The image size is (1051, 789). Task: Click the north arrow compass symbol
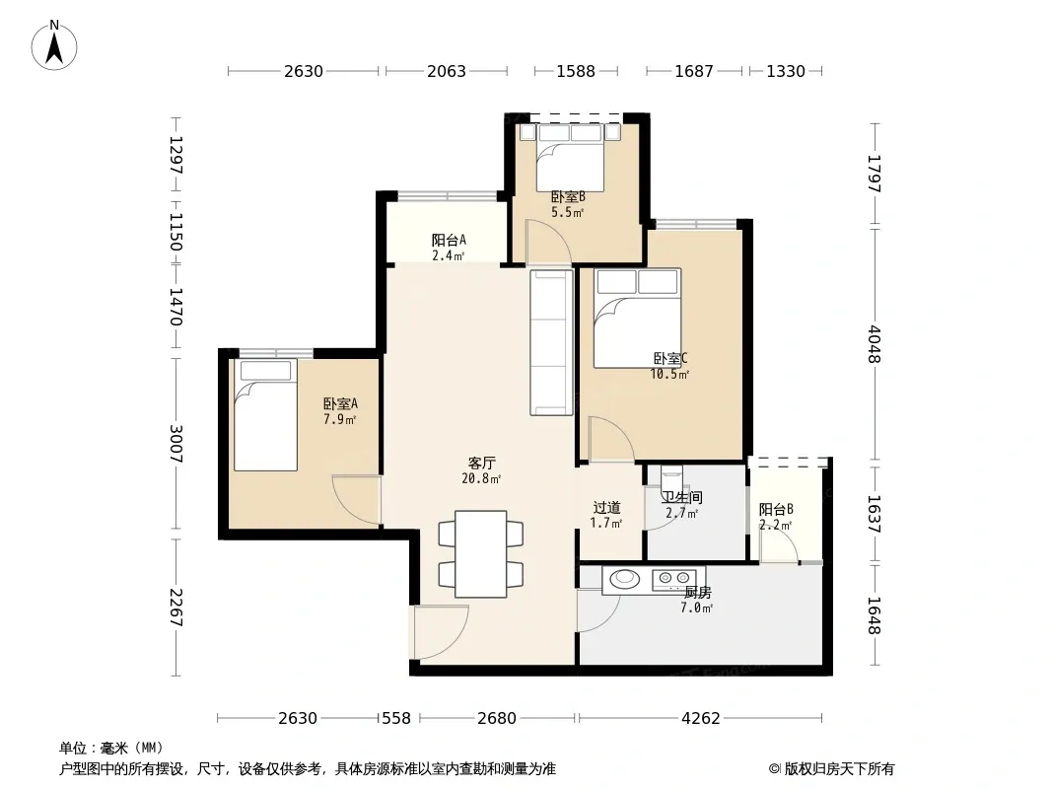(54, 45)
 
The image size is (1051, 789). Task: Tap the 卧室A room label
(340, 411)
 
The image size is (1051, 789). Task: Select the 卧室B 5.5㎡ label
(568, 204)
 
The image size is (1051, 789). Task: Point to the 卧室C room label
(669, 366)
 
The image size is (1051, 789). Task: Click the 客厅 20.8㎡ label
(481, 470)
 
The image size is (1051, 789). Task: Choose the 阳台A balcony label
(449, 248)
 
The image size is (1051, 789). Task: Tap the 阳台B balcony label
(776, 517)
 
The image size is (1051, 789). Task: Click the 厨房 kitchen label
(697, 600)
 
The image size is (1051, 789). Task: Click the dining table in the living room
(480, 553)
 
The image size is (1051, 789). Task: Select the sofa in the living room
(552, 342)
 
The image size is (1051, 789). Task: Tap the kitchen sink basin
(625, 578)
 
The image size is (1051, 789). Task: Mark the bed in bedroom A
(265, 415)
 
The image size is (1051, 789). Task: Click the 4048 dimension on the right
(874, 344)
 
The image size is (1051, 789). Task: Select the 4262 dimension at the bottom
(700, 718)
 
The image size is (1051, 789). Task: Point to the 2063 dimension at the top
(447, 71)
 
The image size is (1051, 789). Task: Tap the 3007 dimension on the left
(175, 444)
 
